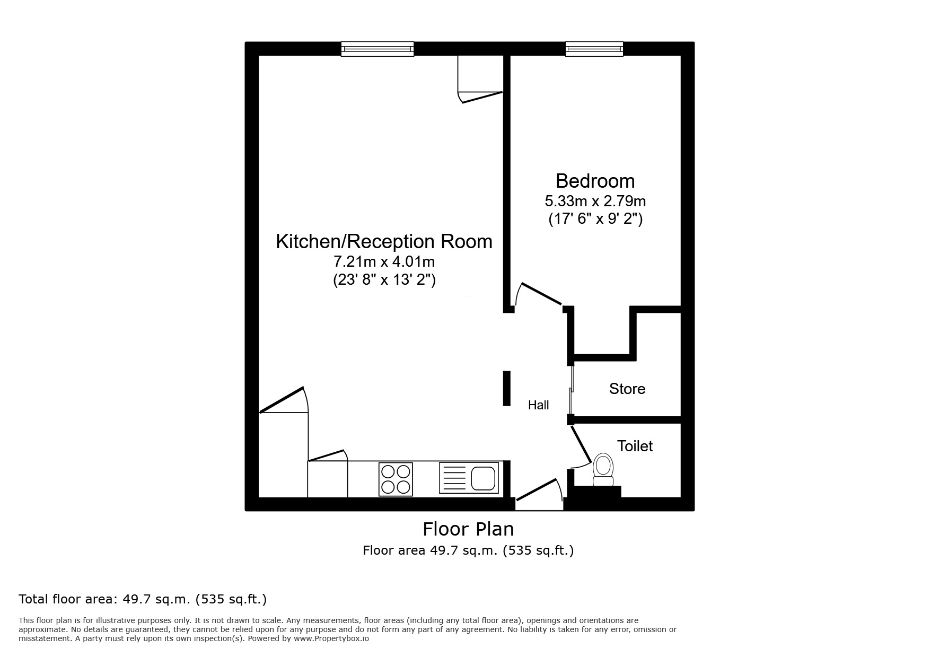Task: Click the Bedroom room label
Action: pyautogui.click(x=595, y=181)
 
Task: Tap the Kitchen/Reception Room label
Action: pyautogui.click(x=384, y=242)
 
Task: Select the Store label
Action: pyautogui.click(x=627, y=389)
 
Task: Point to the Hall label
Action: pyautogui.click(x=538, y=405)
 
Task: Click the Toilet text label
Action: pyautogui.click(x=635, y=446)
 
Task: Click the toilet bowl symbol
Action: pyautogui.click(x=603, y=469)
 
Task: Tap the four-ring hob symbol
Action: pyautogui.click(x=396, y=479)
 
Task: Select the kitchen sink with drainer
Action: pyautogui.click(x=469, y=478)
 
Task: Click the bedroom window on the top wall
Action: pyautogui.click(x=594, y=49)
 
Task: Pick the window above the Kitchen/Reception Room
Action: pyautogui.click(x=377, y=49)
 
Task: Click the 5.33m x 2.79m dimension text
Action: pyautogui.click(x=595, y=202)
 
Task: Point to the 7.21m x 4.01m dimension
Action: pyautogui.click(x=384, y=262)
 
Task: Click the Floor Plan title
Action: pyautogui.click(x=468, y=529)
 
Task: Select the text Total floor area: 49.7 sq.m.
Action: pyautogui.click(x=143, y=599)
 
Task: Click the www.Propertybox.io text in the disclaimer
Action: pyautogui.click(x=331, y=639)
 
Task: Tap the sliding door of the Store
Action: pyautogui.click(x=572, y=390)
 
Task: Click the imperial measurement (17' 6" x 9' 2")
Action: pyautogui.click(x=595, y=219)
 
